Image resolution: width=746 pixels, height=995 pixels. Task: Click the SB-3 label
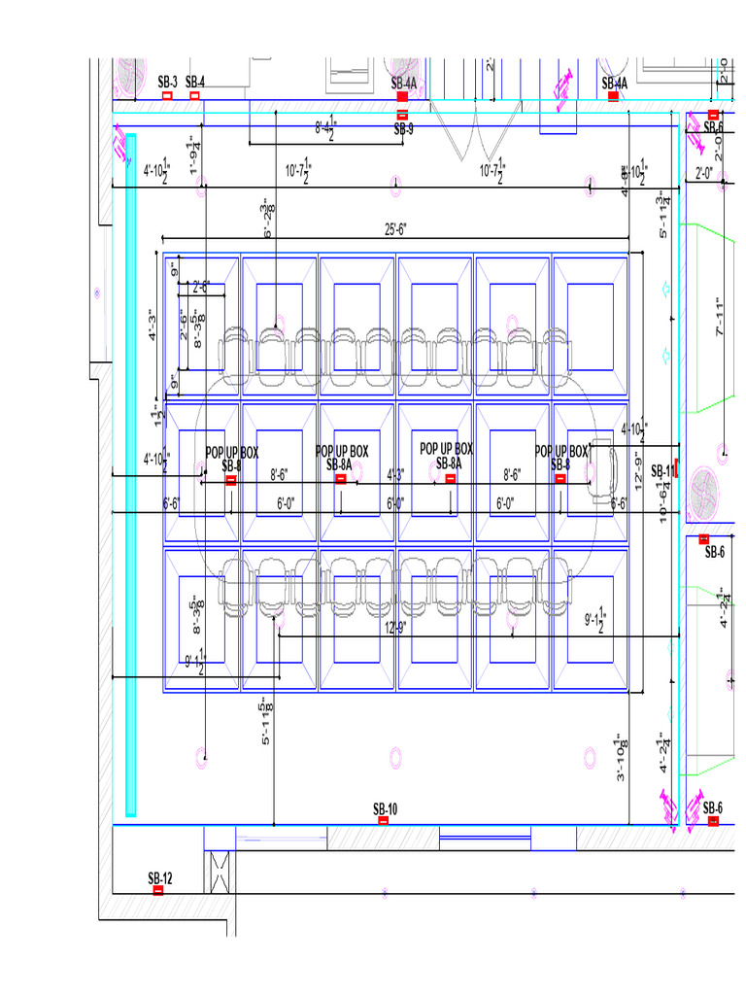coord(167,82)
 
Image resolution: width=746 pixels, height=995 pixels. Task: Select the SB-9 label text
coord(403,129)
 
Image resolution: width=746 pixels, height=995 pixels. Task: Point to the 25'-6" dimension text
coord(395,229)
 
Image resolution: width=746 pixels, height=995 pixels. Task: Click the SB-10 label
coord(385,809)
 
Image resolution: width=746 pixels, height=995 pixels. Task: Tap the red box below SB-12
coord(158,890)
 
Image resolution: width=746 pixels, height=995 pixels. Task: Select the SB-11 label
coord(662,471)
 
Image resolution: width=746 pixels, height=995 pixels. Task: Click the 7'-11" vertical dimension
coord(720,318)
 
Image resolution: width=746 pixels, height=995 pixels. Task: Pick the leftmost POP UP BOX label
coord(232,453)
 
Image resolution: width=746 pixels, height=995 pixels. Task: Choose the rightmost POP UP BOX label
coord(561,452)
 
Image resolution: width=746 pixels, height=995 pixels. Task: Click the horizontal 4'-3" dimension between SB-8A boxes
coord(395,475)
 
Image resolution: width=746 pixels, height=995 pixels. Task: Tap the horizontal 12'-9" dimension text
coord(395,627)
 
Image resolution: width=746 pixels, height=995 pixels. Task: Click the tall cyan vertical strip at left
coord(131,476)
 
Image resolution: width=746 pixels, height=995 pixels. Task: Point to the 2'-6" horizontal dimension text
coord(202,287)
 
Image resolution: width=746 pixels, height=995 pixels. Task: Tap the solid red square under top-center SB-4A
coord(402,97)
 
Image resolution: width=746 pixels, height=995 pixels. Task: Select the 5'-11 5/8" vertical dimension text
coord(265,723)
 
